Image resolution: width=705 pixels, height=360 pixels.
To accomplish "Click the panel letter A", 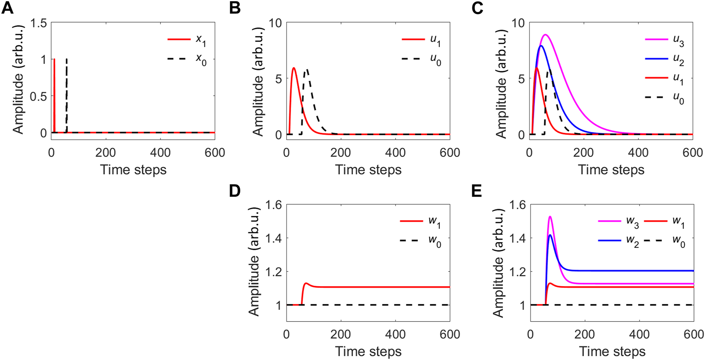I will pyautogui.click(x=7, y=7).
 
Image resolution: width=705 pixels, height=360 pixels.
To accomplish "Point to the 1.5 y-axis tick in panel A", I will pyautogui.click(x=38, y=23).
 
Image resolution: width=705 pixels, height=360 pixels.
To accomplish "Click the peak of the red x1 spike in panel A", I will pyautogui.click(x=54, y=59).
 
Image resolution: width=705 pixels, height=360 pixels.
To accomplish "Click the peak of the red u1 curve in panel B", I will pyautogui.click(x=294, y=68).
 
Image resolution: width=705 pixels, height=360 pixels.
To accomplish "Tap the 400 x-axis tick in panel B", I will pyautogui.click(x=395, y=153).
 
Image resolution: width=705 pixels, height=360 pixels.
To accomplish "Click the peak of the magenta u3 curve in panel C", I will pyautogui.click(x=545, y=35).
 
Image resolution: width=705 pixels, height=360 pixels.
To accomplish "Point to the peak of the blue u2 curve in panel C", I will pyautogui.click(x=541, y=46).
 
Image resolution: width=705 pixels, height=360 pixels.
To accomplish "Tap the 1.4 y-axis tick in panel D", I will pyautogui.click(x=273, y=238).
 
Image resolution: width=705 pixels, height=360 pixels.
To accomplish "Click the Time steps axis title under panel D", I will pyautogui.click(x=368, y=351).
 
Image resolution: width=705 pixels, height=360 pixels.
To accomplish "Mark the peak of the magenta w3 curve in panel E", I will pyautogui.click(x=550, y=216).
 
